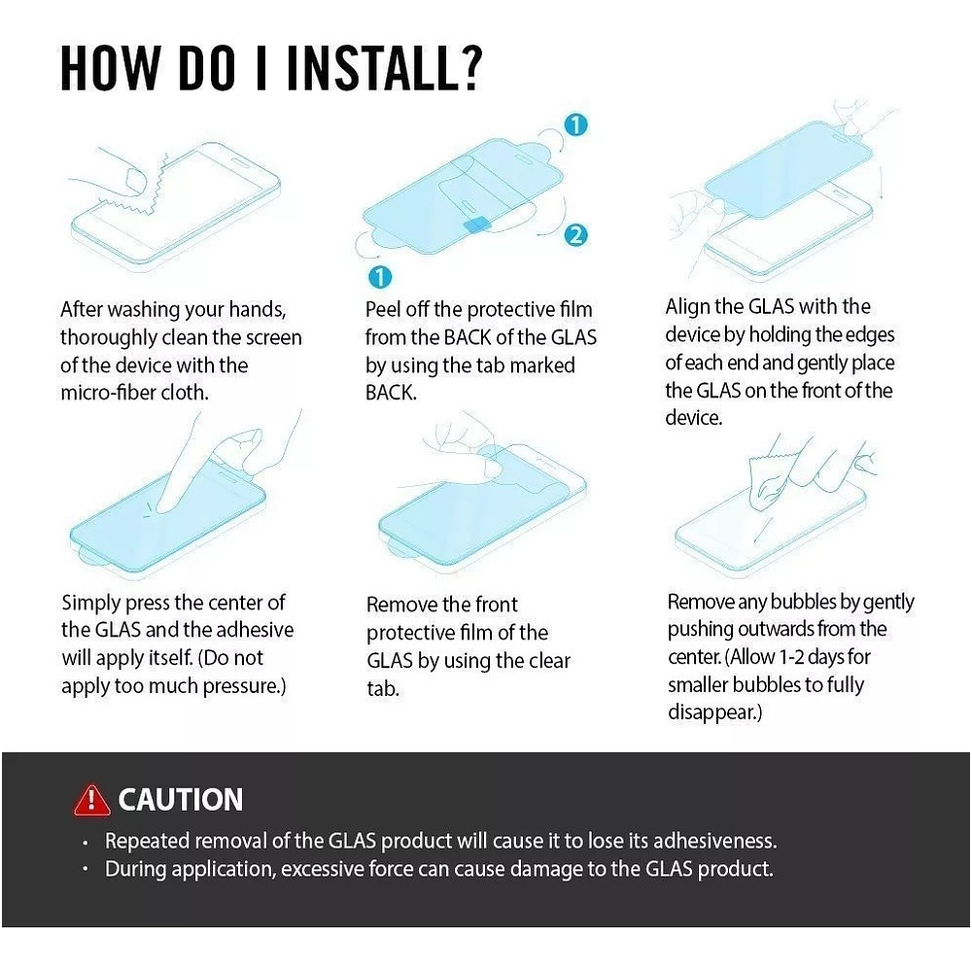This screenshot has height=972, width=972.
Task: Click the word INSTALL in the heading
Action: [370, 68]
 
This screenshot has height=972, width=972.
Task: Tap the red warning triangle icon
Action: [91, 800]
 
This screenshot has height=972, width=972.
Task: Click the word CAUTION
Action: [181, 800]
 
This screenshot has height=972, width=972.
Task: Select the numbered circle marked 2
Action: [575, 235]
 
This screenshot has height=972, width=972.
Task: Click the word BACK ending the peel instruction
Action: [391, 393]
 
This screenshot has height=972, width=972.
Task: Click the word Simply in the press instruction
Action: [90, 604]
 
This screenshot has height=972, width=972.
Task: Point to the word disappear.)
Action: [714, 712]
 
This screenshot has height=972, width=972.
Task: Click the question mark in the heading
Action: [470, 68]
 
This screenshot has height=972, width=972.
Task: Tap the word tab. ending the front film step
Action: [382, 689]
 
